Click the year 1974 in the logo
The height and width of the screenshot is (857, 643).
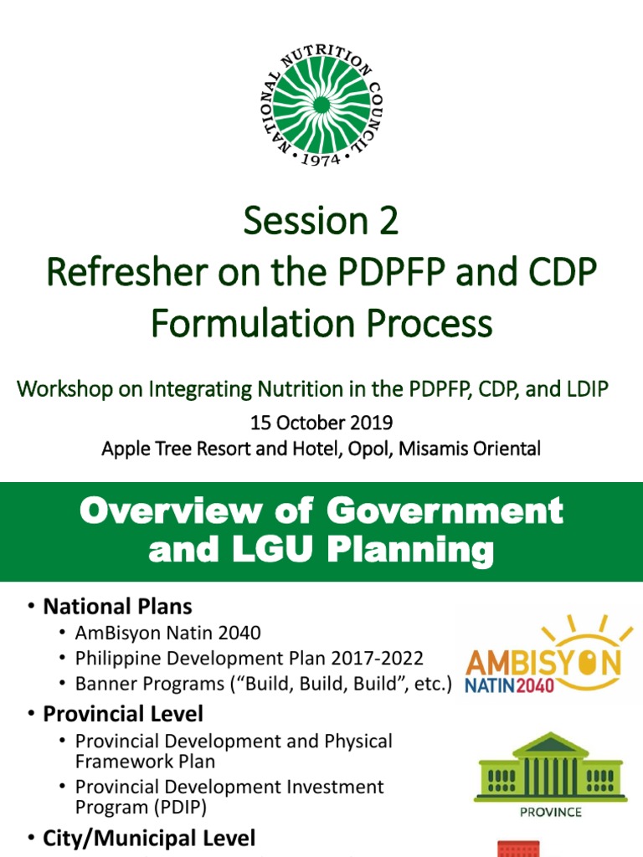point(321,158)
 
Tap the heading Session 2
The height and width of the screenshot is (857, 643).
point(321,222)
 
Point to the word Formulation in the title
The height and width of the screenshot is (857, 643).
point(249,322)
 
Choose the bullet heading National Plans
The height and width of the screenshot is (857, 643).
point(118,606)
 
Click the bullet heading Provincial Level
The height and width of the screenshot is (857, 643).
point(123,714)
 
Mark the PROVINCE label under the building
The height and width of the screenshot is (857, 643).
point(550,812)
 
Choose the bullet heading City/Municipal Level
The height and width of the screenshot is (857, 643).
point(150,838)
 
